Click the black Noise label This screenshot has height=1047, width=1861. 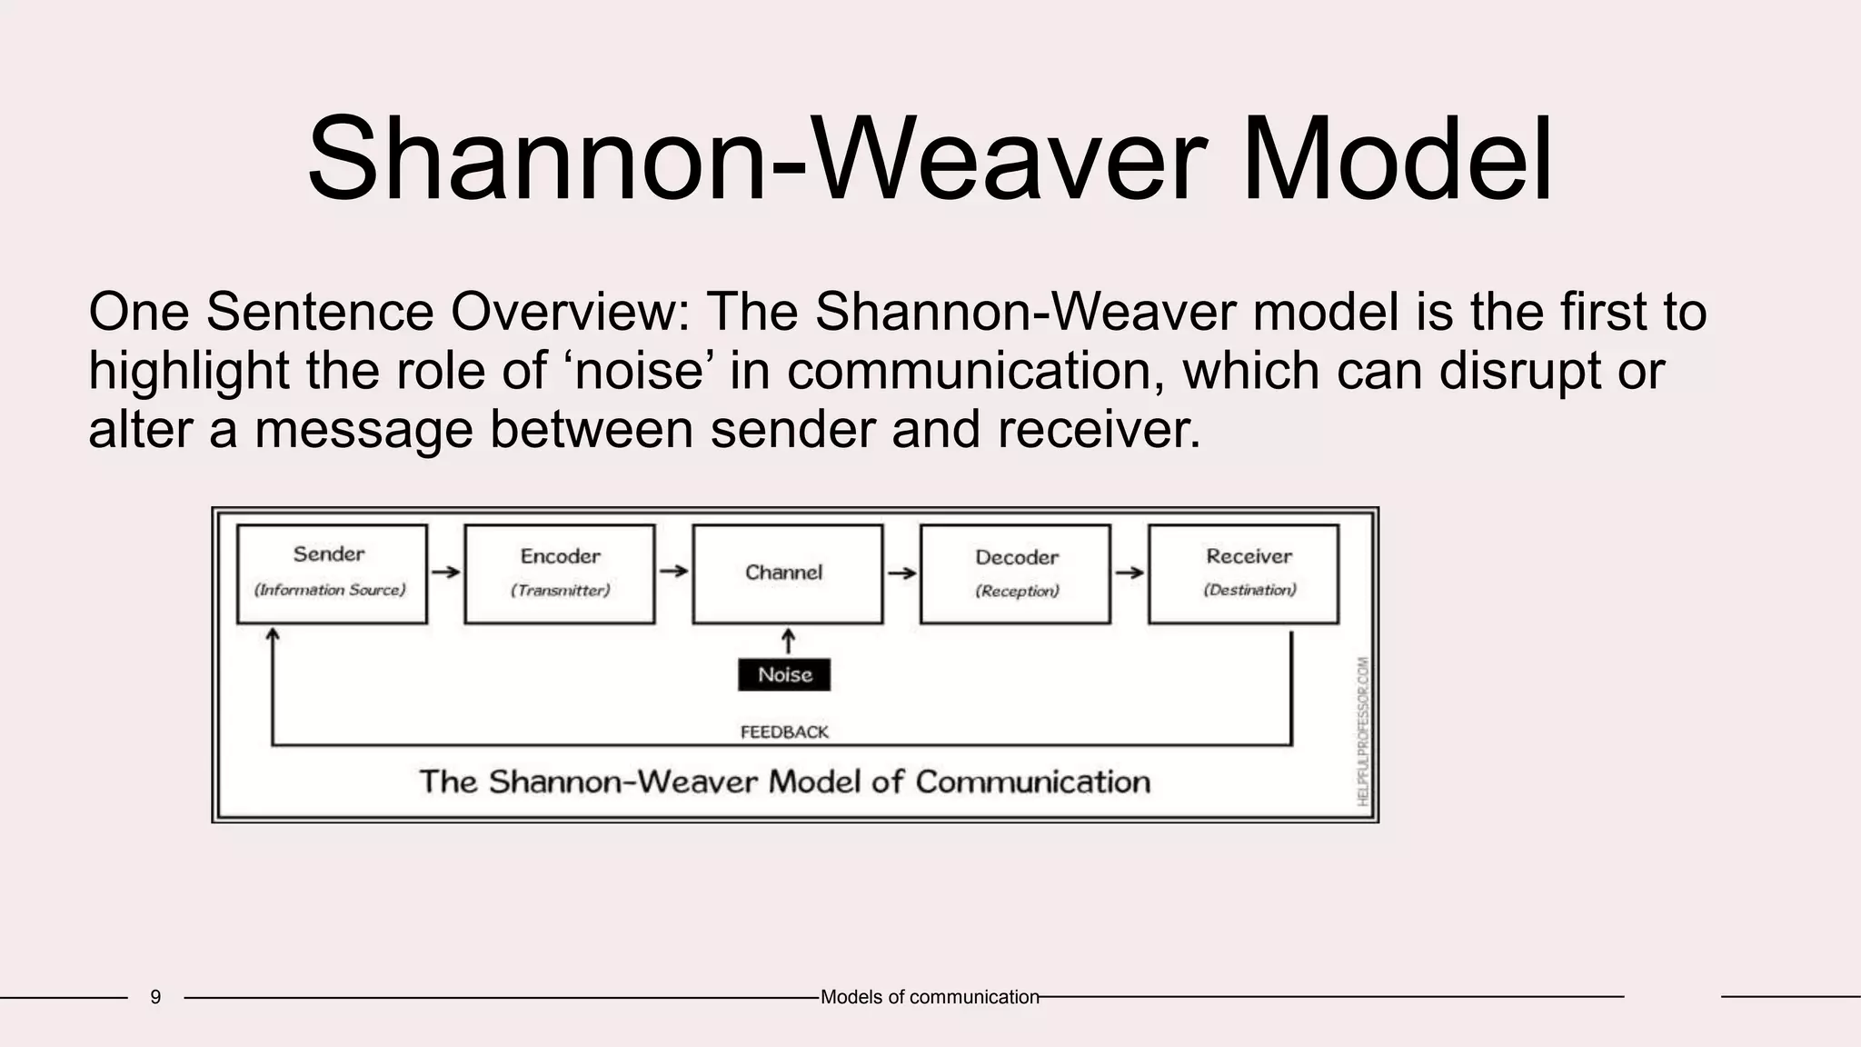click(x=784, y=674)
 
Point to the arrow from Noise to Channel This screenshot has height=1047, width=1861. click(x=788, y=641)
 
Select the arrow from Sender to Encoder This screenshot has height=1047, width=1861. click(x=445, y=572)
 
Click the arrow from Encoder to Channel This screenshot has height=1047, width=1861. click(x=673, y=571)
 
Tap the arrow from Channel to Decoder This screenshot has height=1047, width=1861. click(x=901, y=573)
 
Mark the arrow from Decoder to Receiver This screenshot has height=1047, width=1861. click(x=1130, y=573)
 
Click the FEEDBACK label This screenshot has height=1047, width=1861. click(x=784, y=732)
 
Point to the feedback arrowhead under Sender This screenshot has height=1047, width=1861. click(x=272, y=634)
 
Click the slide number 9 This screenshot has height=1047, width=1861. click(x=155, y=997)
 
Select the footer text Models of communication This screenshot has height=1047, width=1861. click(x=930, y=997)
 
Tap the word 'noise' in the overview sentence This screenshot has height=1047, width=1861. click(x=642, y=371)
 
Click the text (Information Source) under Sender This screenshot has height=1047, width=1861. click(x=330, y=590)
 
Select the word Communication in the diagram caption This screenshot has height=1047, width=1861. click(x=1032, y=782)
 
